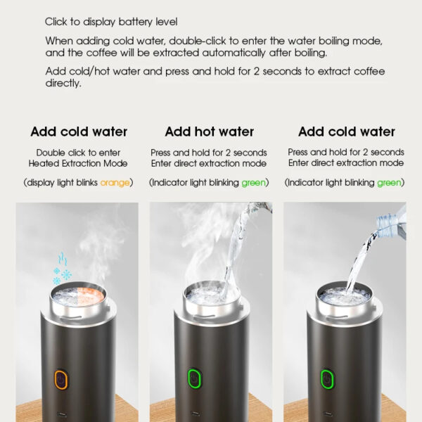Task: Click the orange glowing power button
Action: pyautogui.click(x=61, y=380)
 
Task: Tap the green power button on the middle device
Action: pyautogui.click(x=194, y=380)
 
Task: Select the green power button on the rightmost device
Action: pyautogui.click(x=327, y=379)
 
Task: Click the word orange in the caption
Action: pyautogui.click(x=115, y=183)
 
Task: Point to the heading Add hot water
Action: pyautogui.click(x=210, y=132)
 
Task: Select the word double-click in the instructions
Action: pyautogui.click(x=198, y=41)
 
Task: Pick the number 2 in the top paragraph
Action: pyautogui.click(x=257, y=72)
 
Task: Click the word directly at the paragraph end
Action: pyautogui.click(x=63, y=84)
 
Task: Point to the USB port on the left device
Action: pyautogui.click(x=61, y=414)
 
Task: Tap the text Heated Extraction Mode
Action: pyautogui.click(x=78, y=164)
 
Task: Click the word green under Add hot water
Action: pyautogui.click(x=253, y=183)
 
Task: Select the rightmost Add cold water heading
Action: pyautogui.click(x=347, y=132)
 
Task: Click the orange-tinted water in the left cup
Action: pyautogui.click(x=91, y=296)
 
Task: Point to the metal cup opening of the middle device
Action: pyautogui.click(x=212, y=293)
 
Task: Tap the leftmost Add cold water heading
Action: pyautogui.click(x=79, y=132)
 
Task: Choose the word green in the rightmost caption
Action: pyautogui.click(x=389, y=183)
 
